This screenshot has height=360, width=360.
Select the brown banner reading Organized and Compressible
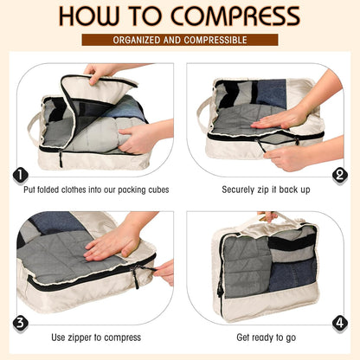[x=180, y=40]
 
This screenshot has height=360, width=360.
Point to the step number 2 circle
[x=339, y=176]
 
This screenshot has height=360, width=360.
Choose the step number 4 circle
[x=339, y=323]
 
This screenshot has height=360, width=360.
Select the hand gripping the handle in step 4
[x=268, y=216]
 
